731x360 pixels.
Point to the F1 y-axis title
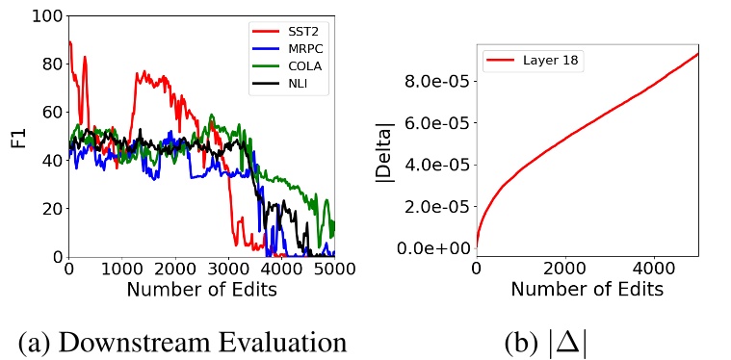[18, 137]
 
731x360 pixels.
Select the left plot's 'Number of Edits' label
[201, 289]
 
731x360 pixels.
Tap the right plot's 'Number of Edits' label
[587, 289]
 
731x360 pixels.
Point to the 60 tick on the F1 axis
[47, 114]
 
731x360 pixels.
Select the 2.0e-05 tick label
[432, 206]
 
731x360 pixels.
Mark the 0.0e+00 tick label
[432, 248]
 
